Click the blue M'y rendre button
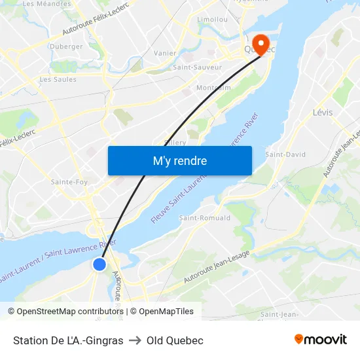[179, 160]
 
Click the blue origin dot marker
[99, 264]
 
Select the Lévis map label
[323, 113]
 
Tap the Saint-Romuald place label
[205, 217]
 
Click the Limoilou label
[213, 20]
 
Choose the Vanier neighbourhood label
[164, 53]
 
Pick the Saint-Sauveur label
[197, 67]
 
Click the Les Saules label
[58, 80]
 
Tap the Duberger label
[66, 46]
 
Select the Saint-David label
[285, 155]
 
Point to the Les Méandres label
[46, 4]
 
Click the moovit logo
[321, 339]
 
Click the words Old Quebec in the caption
[175, 340]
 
